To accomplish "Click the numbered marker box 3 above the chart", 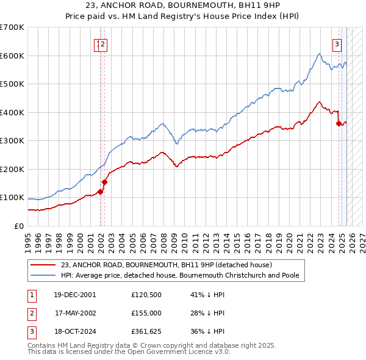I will point(336,43).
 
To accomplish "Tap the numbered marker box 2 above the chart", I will point(104,43).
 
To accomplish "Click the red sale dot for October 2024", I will point(339,123).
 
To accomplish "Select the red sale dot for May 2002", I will point(104,182).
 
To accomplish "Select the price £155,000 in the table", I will point(146,313).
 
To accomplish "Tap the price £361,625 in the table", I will point(146,332).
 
